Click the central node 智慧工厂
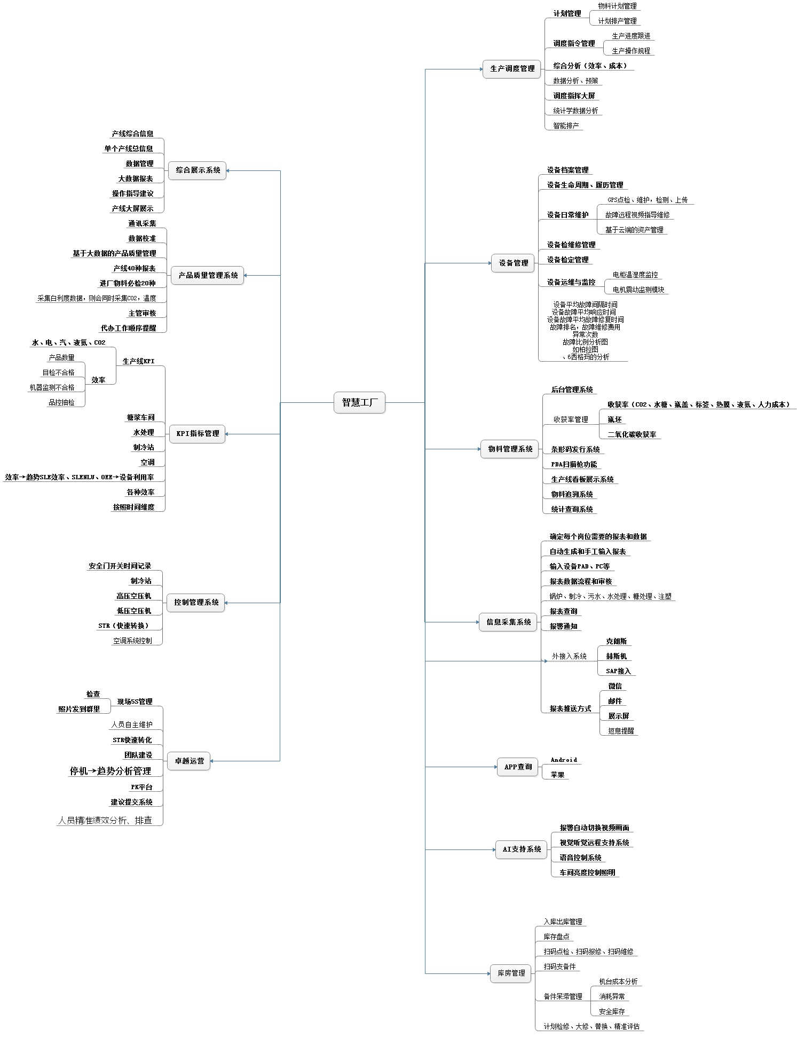tap(359, 402)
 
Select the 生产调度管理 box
tap(512, 69)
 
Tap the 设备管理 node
tap(513, 263)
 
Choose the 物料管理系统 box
tap(510, 449)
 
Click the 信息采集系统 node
tap(508, 622)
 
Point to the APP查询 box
tap(517, 767)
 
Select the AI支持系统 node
tap(522, 849)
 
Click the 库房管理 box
tap(511, 973)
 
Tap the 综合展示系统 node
tap(198, 170)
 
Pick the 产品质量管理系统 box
tap(208, 276)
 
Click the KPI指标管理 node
tap(198, 434)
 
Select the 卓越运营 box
tap(189, 761)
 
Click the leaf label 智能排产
tap(565, 126)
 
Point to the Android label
tap(564, 760)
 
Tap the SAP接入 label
tap(618, 672)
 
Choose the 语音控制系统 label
tap(580, 857)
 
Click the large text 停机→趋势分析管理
tap(111, 771)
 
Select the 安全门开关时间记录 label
tap(120, 566)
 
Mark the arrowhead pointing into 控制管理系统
tap(227, 603)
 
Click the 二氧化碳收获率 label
tap(632, 435)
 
